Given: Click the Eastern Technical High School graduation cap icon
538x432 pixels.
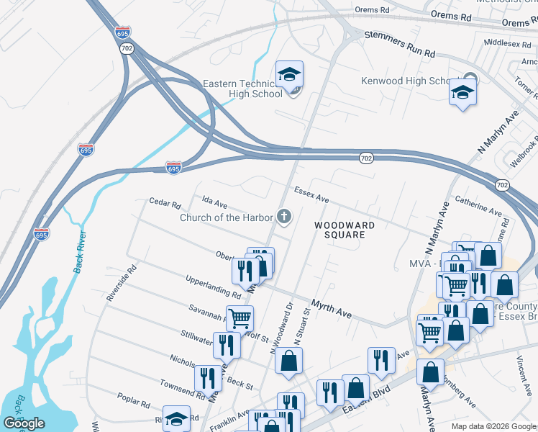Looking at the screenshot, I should click(289, 74).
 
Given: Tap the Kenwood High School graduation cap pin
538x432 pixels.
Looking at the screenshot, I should click(462, 92).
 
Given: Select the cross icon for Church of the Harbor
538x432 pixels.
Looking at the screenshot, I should click(284, 216).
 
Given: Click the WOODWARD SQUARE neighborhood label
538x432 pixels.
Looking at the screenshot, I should click(345, 230).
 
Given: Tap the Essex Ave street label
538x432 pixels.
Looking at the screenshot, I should click(311, 194).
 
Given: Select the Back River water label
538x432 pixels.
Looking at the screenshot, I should click(78, 252).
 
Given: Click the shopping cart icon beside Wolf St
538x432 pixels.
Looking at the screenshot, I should click(240, 317).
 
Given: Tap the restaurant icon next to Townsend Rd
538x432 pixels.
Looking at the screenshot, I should click(208, 377).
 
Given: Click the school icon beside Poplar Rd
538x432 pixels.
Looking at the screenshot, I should click(175, 418).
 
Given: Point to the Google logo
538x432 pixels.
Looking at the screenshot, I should click(23, 423).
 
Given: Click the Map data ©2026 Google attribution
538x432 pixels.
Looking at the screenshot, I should click(493, 426).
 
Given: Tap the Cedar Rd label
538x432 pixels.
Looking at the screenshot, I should click(165, 204).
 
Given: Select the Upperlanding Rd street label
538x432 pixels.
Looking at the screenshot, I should click(213, 287).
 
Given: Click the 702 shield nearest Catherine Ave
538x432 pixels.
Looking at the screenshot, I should click(502, 185).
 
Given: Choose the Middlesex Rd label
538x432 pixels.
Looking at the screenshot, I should click(508, 42).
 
